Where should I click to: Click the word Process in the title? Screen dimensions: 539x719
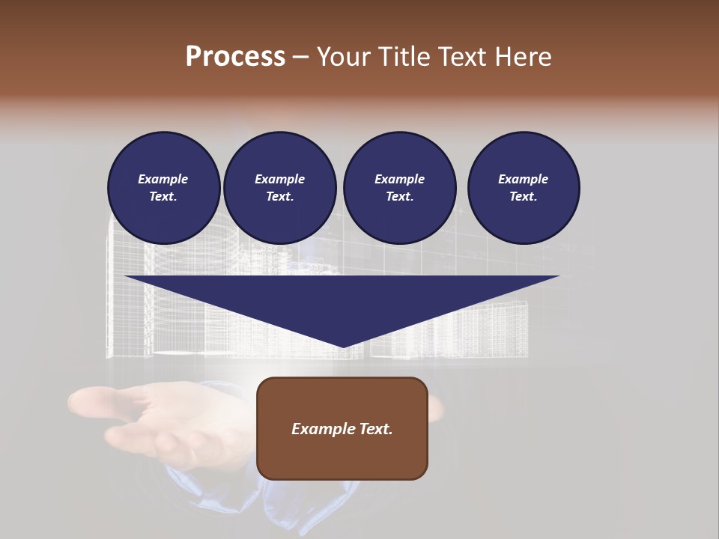tap(235, 57)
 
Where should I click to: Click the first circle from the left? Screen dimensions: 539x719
tap(164, 188)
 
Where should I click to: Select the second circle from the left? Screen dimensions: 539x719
tap(280, 188)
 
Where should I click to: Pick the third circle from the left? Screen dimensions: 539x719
tap(400, 188)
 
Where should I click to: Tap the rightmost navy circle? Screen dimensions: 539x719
tap(524, 188)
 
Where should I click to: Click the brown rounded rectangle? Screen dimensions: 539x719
tap(342, 428)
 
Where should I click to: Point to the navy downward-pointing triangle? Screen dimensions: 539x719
tap(342, 299)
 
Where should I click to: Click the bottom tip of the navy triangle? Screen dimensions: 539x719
tap(342, 346)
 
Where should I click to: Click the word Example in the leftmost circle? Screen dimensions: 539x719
tap(163, 179)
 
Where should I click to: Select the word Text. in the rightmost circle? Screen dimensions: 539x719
tap(524, 196)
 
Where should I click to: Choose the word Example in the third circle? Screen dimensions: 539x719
tap(400, 179)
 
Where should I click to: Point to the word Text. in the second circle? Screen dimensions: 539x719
tap(280, 196)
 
